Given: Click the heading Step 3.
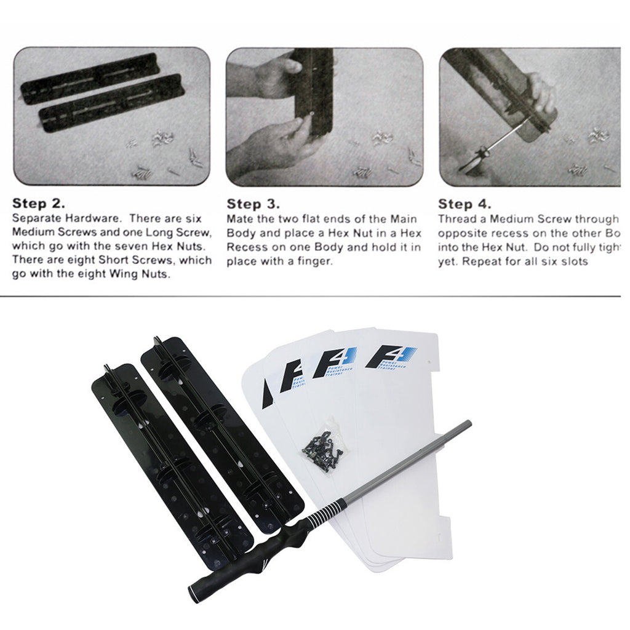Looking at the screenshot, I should (253, 204).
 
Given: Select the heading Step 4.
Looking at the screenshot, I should (464, 204).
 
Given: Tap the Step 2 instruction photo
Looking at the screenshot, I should (111, 116).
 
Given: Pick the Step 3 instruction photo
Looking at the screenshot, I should (324, 116).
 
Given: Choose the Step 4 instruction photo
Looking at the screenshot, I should (529, 116).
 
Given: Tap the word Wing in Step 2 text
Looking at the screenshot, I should (127, 274).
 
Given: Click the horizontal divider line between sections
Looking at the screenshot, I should (315, 297).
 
